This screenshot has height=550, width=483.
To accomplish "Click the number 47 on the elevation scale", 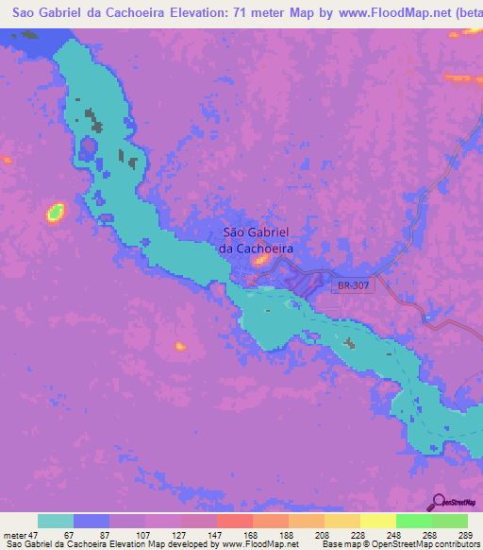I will tap(32, 535).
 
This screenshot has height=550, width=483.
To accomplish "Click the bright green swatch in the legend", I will tap(413, 521).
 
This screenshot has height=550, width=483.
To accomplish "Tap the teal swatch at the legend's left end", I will tap(56, 521).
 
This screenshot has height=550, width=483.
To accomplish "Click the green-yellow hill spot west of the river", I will tap(55, 212).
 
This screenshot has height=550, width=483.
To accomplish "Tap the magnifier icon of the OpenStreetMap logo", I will tap(437, 502).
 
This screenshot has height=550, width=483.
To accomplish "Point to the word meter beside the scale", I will tap(13, 535).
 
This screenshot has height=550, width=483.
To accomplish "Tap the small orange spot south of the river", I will tap(179, 347).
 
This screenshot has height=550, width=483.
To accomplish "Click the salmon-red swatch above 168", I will tap(234, 521).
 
